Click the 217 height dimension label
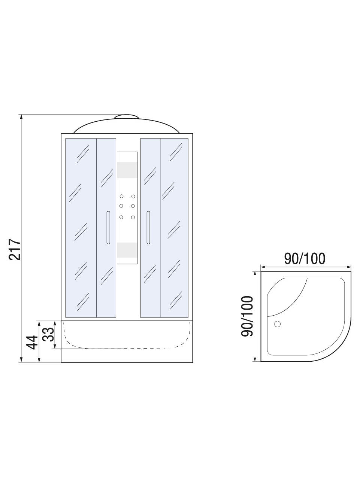[15, 249]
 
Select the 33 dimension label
[48, 334]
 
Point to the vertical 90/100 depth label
[247, 316]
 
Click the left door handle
[108, 228]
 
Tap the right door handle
[148, 228]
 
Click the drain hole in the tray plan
[277, 324]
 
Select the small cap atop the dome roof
[126, 116]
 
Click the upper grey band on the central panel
[127, 170]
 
